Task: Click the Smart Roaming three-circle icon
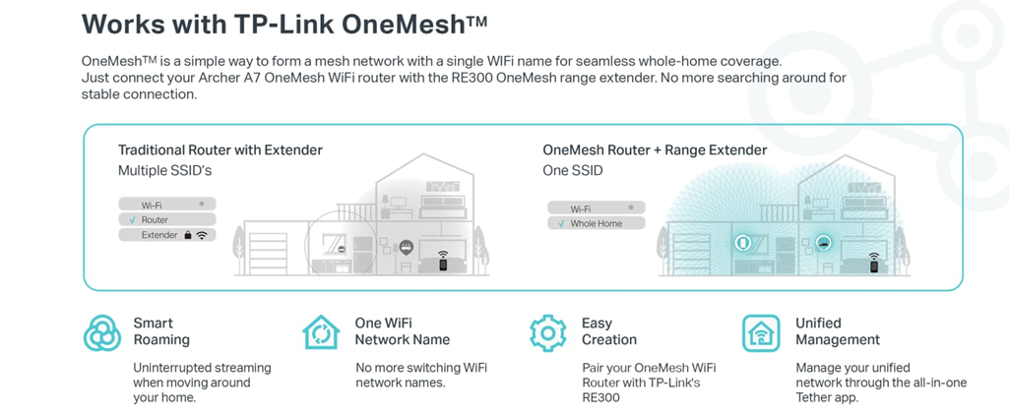click(x=102, y=332)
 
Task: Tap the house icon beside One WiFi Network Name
click(x=321, y=332)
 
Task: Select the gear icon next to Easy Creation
click(x=547, y=332)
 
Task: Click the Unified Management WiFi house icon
click(x=761, y=332)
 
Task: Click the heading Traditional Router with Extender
click(x=220, y=150)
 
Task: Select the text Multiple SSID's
click(x=164, y=170)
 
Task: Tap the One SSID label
click(x=572, y=170)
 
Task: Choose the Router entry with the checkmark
click(x=155, y=220)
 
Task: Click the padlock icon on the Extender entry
click(x=187, y=236)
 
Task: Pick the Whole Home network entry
click(x=596, y=224)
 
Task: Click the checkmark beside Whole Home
click(x=561, y=224)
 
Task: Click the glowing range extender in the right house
click(x=743, y=242)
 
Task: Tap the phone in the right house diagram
click(x=873, y=264)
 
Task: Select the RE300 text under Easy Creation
click(x=600, y=397)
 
